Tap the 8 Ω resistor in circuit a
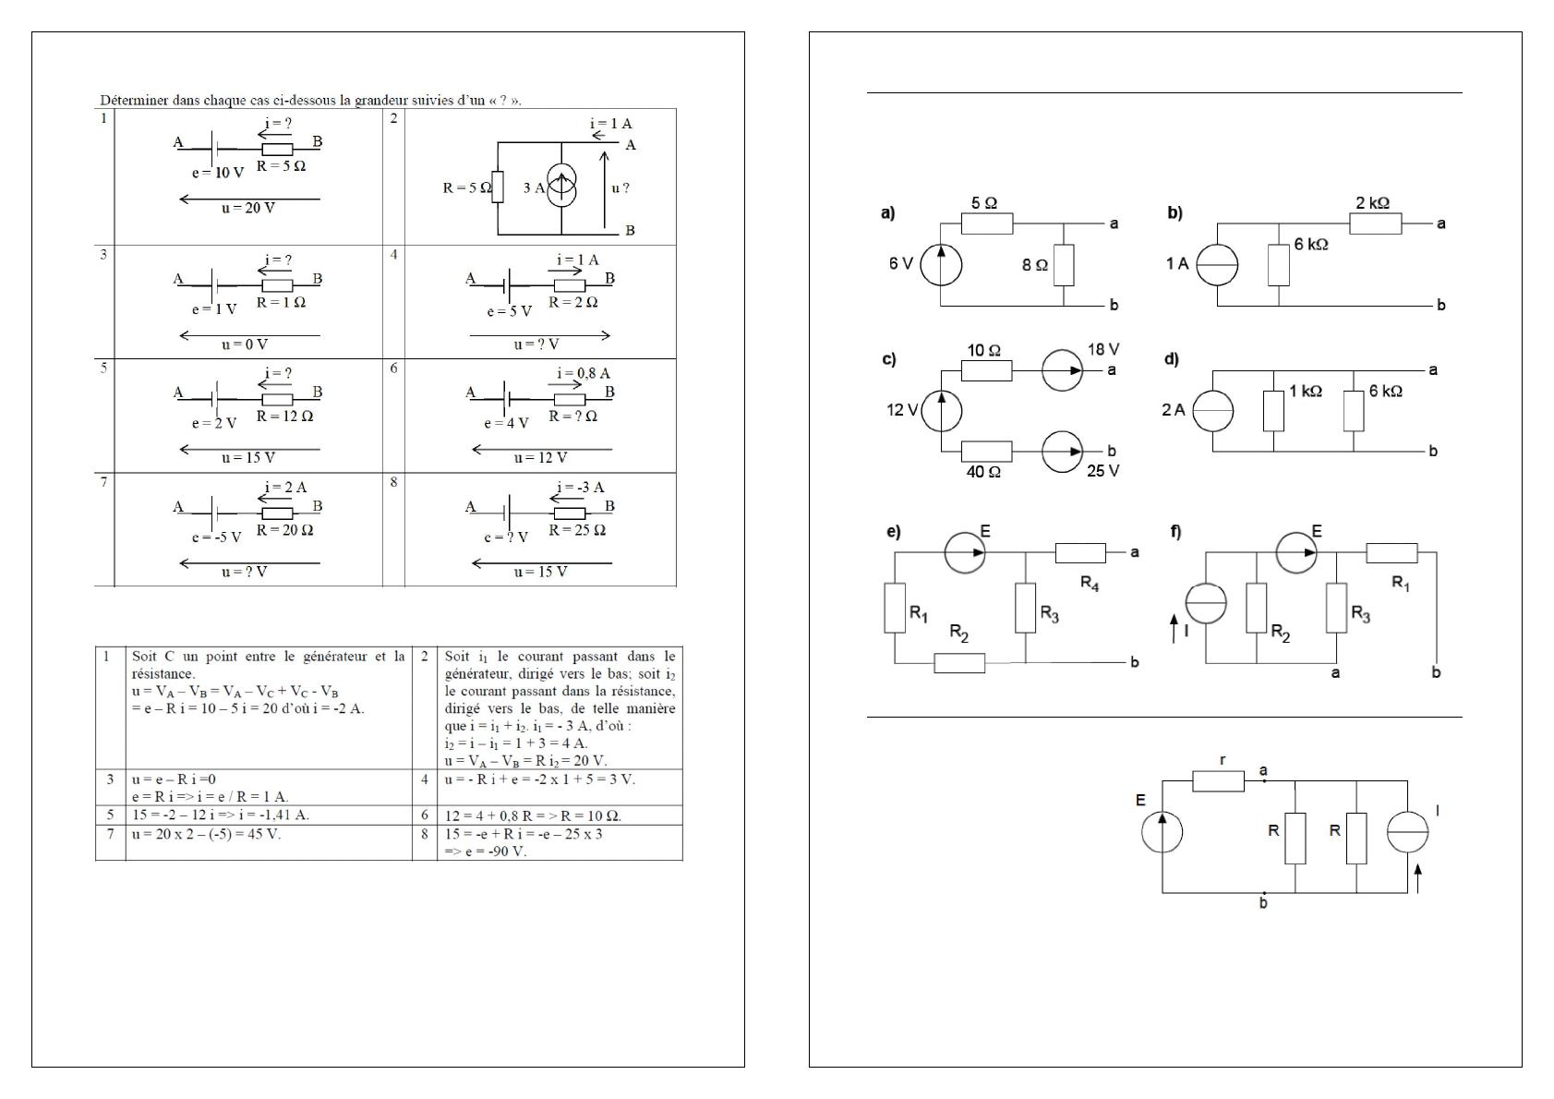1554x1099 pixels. tap(1064, 265)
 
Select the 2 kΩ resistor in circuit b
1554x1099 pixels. tap(1376, 223)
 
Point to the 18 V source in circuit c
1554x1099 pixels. tap(1062, 370)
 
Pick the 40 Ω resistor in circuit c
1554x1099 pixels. tap(986, 452)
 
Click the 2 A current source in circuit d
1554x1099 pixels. tap(1212, 411)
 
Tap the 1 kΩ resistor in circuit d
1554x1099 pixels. tap(1273, 411)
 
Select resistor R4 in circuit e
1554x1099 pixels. tap(1080, 552)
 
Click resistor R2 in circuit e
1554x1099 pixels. tap(959, 663)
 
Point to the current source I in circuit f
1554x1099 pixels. tap(1206, 603)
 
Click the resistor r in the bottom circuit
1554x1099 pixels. tap(1218, 781)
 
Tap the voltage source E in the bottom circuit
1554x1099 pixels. tap(1162, 830)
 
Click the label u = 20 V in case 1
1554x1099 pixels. tap(248, 209)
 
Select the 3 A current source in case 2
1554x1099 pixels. tap(561, 187)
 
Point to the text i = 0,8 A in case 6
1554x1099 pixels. tap(583, 373)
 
